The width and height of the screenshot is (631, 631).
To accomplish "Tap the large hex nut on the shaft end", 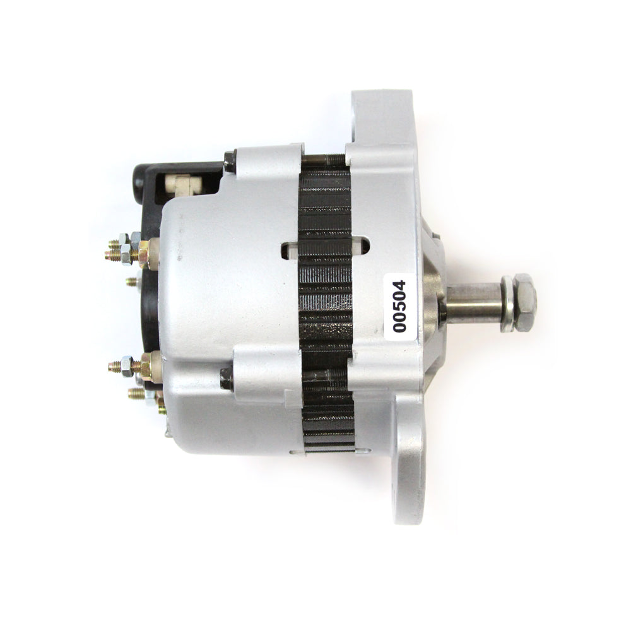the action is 525,302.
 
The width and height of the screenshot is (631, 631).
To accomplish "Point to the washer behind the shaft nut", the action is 507,304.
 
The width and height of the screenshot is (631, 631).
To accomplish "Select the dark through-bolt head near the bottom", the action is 227,379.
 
